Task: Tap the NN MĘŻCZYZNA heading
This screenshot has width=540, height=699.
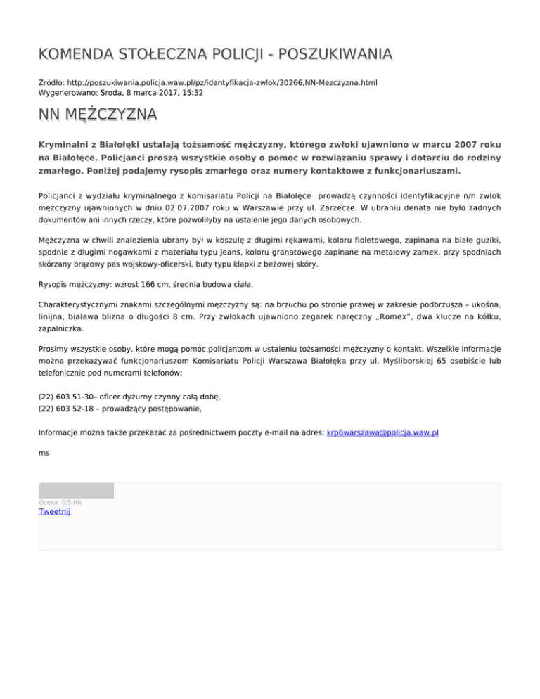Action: (x=98, y=114)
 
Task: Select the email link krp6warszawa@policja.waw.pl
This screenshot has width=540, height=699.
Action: (x=383, y=432)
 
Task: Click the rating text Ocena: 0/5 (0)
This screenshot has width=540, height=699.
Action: (x=60, y=502)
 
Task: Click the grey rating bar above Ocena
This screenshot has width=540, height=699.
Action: (x=76, y=490)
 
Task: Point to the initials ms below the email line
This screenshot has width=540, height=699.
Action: (x=44, y=454)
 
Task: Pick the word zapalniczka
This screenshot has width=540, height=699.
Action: (x=63, y=328)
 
